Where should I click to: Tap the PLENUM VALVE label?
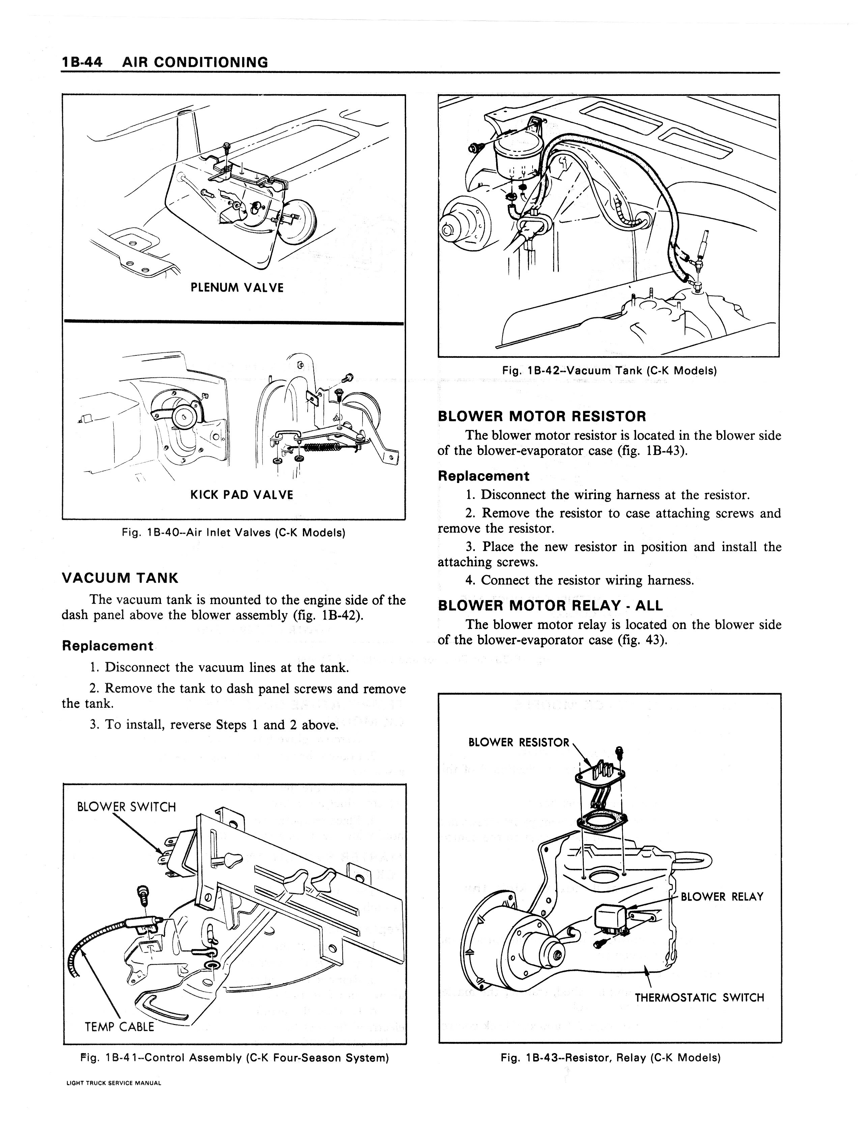[x=237, y=288]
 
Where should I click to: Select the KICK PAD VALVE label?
[x=241, y=495]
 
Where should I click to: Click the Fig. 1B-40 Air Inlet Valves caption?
[x=233, y=533]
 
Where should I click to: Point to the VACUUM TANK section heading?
[x=120, y=578]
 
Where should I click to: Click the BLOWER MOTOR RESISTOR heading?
[x=542, y=417]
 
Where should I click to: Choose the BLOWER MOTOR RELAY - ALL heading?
[x=550, y=606]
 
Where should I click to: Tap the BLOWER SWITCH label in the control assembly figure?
[x=126, y=807]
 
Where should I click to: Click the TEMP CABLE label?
[x=119, y=1027]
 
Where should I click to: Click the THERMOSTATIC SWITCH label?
[x=699, y=998]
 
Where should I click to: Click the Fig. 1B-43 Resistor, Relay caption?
[x=610, y=1058]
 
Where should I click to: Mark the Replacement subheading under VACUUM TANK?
[x=107, y=646]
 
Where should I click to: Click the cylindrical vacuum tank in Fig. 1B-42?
[x=518, y=154]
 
